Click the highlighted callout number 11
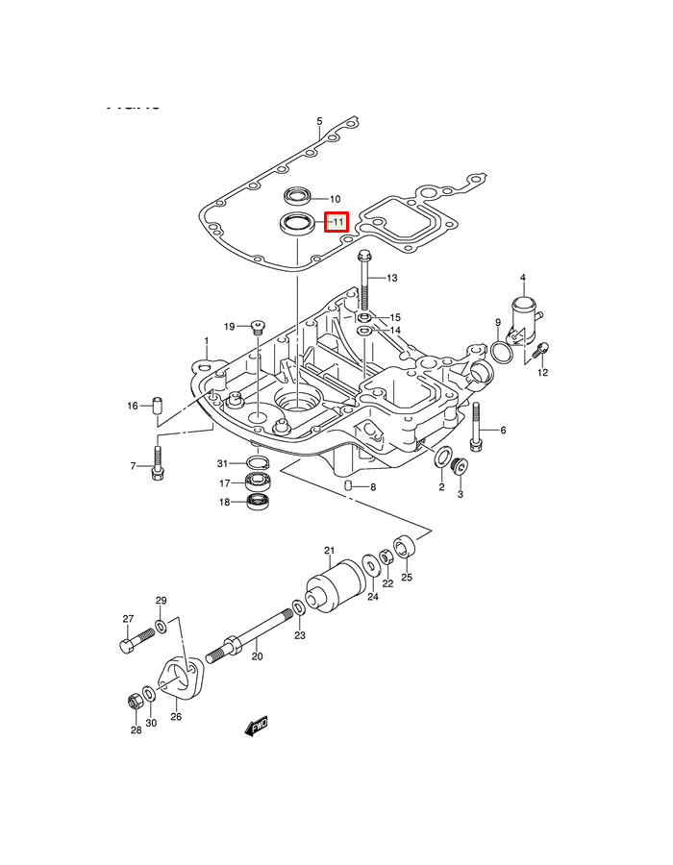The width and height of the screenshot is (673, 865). (x=336, y=222)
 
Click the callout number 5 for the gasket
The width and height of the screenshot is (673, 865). (x=320, y=122)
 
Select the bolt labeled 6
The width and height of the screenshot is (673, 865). (x=475, y=429)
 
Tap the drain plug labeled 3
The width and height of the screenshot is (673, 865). (x=460, y=468)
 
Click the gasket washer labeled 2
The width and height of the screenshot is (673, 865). (x=444, y=458)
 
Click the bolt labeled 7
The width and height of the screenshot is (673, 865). (x=159, y=467)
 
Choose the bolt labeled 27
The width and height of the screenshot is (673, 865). (x=135, y=641)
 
